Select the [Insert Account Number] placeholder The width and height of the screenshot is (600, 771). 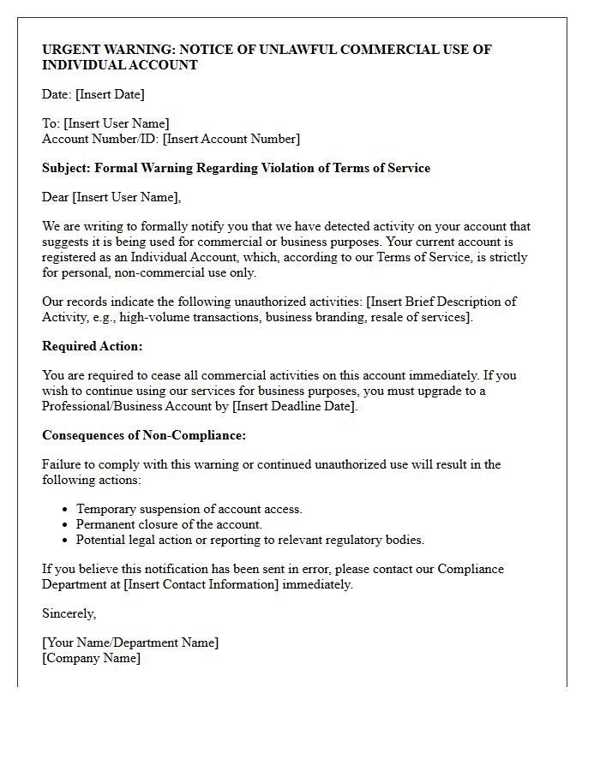tap(231, 139)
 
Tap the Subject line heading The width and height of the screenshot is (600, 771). tap(236, 168)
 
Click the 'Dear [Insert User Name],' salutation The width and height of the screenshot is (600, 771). tap(111, 197)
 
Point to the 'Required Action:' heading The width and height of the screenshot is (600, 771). tap(93, 346)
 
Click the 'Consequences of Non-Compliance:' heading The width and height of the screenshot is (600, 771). tap(144, 435)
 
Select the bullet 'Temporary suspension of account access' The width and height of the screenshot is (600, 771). tap(189, 509)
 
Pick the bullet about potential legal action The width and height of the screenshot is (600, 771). tap(250, 540)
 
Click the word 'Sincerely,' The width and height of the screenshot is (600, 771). tap(69, 613)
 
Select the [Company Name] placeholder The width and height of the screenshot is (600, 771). tap(91, 658)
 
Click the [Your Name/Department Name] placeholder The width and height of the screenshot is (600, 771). tap(130, 642)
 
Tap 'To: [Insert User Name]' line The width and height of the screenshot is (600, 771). tap(105, 123)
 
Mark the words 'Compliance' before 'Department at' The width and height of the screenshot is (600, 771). tap(470, 569)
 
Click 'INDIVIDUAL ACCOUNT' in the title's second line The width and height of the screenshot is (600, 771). tap(120, 65)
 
